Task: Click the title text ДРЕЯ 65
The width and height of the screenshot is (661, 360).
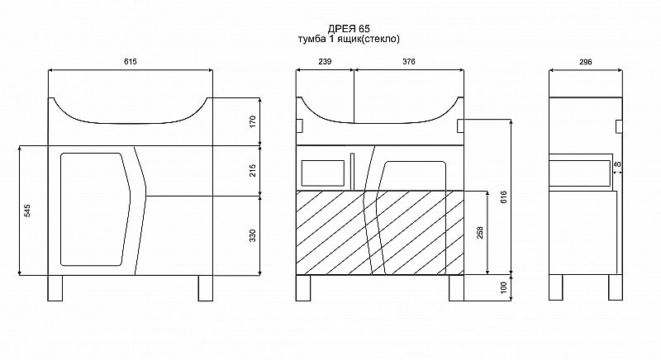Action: (349, 29)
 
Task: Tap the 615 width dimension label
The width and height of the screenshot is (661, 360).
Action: (131, 61)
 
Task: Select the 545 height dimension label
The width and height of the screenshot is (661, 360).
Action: (27, 211)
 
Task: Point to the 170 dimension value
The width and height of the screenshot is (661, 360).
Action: (253, 121)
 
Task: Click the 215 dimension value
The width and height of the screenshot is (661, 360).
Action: (253, 171)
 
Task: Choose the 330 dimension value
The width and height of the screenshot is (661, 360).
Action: (253, 236)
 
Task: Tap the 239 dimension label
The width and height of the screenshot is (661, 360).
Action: (325, 61)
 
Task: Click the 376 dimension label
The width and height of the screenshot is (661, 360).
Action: (408, 61)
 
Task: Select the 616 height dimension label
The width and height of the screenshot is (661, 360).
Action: (504, 197)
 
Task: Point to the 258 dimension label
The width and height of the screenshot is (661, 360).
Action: (480, 232)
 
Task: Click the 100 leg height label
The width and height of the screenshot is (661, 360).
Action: (504, 288)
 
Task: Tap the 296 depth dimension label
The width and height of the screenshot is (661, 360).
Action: (586, 62)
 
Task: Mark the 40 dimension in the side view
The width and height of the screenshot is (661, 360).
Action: (616, 164)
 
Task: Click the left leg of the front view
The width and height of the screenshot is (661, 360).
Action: (55, 288)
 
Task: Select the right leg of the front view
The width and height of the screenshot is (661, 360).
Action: (206, 288)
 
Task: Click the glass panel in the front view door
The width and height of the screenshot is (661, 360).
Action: (95, 209)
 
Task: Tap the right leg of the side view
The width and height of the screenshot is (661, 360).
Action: (616, 287)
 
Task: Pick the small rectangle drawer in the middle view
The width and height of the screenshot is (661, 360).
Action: (323, 173)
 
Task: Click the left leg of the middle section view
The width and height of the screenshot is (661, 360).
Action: (303, 288)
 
